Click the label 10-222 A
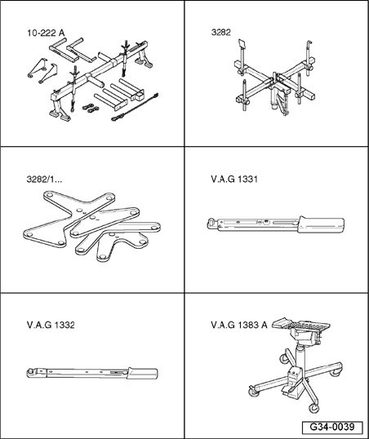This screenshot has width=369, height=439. [x=44, y=34]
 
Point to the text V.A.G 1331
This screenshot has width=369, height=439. [x=234, y=178]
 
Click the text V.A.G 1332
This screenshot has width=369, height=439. [x=51, y=324]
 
